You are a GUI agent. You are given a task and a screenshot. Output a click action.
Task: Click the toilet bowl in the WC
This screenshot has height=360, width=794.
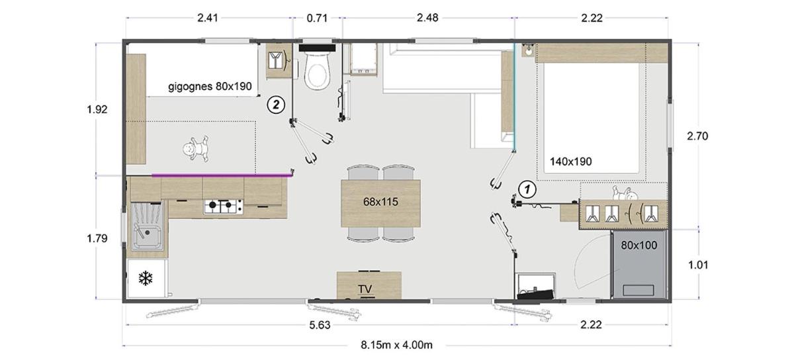(317, 71)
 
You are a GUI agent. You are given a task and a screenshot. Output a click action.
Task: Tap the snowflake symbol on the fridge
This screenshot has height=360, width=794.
(146, 279)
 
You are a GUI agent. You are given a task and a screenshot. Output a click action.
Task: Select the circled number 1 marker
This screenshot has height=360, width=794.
(527, 189)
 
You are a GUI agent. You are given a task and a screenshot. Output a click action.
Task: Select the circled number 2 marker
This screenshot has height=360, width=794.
(276, 105)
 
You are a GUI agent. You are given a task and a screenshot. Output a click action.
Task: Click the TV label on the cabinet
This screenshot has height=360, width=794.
(365, 289)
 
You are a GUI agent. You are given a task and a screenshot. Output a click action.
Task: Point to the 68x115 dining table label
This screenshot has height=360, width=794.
(380, 202)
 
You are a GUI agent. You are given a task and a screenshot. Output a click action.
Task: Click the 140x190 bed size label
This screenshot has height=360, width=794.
(570, 161)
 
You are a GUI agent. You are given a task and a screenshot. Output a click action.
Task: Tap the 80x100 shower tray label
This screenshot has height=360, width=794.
(639, 245)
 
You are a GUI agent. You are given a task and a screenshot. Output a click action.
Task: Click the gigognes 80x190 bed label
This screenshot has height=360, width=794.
(210, 87)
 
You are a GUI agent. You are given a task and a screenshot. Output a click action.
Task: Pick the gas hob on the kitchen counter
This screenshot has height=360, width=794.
(224, 206)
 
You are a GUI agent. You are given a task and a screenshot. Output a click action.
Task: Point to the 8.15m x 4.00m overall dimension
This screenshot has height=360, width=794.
(396, 345)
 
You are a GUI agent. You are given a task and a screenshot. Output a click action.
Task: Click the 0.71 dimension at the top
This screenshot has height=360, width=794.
(317, 18)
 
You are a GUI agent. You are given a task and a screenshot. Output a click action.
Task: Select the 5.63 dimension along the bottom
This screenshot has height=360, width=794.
(320, 325)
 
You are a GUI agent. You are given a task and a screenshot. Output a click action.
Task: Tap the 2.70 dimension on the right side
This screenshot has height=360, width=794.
(697, 136)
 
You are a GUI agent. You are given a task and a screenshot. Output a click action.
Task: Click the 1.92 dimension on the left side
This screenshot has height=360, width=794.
(97, 109)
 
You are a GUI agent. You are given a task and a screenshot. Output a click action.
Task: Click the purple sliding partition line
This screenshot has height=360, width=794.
(222, 175)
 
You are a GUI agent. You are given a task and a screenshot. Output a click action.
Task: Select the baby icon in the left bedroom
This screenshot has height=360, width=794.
(195, 149)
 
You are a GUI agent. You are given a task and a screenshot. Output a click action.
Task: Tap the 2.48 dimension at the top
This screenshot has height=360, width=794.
(427, 18)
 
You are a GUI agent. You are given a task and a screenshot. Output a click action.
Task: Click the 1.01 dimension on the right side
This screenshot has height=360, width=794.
(698, 265)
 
